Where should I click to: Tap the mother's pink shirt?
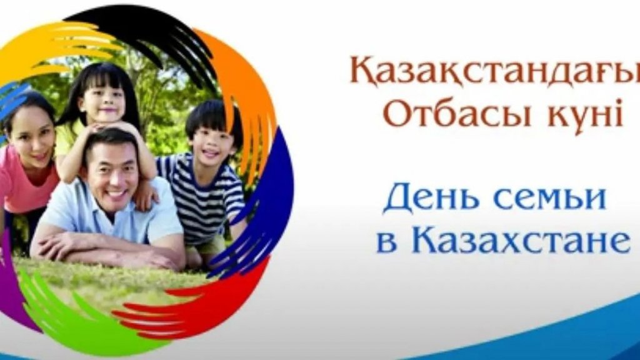(24, 179)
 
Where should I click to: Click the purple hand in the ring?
(12, 282)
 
